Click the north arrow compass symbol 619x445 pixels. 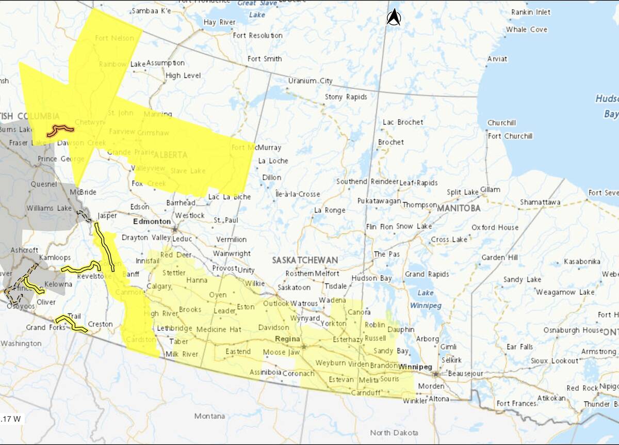394,18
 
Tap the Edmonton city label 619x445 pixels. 152,221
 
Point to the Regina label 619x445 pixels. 288,339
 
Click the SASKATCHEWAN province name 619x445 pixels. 305,260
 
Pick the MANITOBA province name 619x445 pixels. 459,209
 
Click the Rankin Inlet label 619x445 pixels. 531,12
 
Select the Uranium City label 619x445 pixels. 310,81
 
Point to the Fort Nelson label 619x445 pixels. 115,38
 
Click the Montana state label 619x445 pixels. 209,416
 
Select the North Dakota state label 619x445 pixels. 394,433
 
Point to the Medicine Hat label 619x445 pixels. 219,329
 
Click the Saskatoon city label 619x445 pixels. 294,288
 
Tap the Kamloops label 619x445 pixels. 55,257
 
